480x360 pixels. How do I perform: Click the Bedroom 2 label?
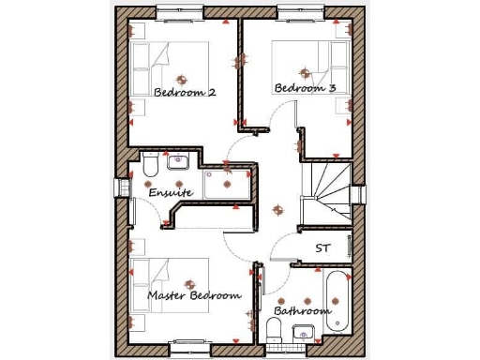(x=185, y=93)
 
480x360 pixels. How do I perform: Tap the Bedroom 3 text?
(x=305, y=88)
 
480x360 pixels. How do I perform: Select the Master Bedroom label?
(x=194, y=295)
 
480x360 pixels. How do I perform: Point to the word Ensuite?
(x=171, y=192)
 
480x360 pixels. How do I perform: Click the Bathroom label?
(x=301, y=310)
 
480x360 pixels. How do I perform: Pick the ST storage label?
(x=322, y=248)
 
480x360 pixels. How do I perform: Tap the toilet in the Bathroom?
(x=275, y=328)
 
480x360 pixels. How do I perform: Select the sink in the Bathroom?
(x=303, y=332)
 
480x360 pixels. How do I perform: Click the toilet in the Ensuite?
(x=151, y=167)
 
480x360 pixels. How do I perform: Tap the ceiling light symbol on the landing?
(x=275, y=209)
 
